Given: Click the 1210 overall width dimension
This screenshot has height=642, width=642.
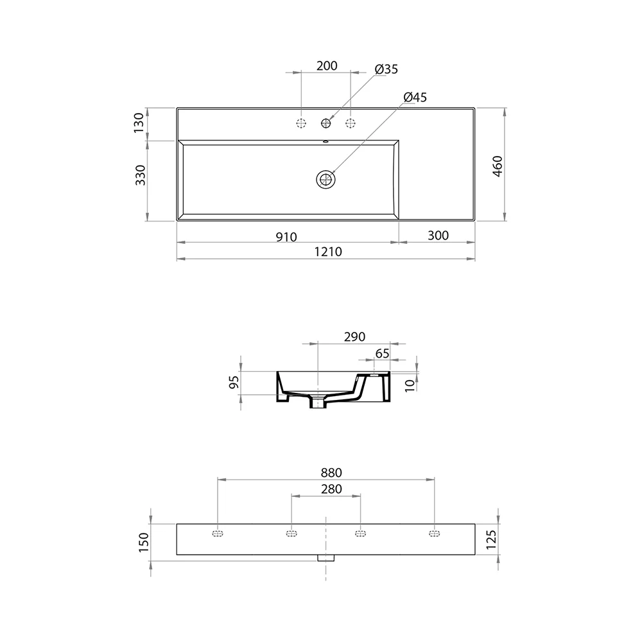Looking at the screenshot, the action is click(x=328, y=252).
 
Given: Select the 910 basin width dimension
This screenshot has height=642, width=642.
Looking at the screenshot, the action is click(x=286, y=237).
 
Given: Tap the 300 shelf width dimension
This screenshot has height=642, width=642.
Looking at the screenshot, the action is click(x=438, y=236).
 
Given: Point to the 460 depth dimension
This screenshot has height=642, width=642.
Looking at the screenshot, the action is click(x=497, y=166).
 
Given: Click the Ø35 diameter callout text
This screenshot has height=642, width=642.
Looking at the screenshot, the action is click(x=386, y=69).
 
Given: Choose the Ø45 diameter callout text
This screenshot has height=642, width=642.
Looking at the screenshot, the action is click(x=415, y=98).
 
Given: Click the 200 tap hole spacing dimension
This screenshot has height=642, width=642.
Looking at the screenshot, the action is click(x=327, y=66).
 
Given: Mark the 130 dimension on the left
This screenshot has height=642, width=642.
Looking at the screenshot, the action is click(x=139, y=123).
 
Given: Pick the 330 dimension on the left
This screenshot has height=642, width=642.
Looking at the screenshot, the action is click(x=140, y=175).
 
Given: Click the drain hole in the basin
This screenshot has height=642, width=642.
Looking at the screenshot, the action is click(x=326, y=179).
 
